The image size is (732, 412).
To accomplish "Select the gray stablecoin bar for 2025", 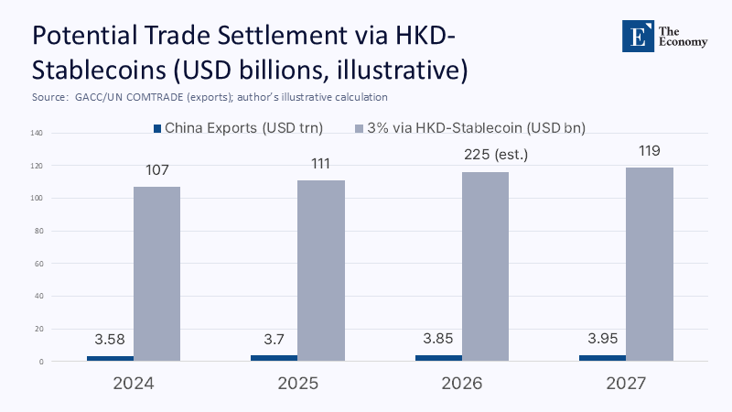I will point(320,269).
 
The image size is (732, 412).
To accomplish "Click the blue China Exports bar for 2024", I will point(110,358).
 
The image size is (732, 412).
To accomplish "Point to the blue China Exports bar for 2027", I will point(603,358).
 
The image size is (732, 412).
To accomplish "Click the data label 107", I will point(156,170).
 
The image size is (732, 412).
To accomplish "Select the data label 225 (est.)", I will point(495,153).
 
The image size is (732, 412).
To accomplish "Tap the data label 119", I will point(649,151).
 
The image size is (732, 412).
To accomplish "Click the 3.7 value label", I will point(274,339).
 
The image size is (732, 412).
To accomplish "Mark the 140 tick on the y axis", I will point(38,133).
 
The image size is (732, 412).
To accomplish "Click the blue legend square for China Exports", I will point(156,128).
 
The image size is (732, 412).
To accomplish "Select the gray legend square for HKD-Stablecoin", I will point(358,128).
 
